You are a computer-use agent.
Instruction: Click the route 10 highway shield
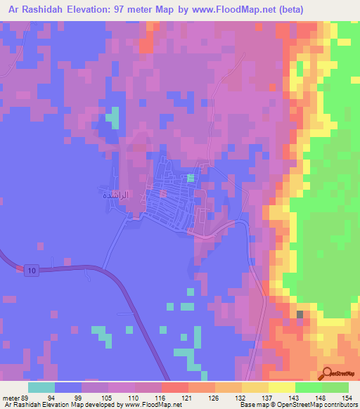[32, 271]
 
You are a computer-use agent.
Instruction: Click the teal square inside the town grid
[190, 178]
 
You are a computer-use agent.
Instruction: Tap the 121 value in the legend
[188, 397]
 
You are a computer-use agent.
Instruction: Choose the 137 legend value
[267, 397]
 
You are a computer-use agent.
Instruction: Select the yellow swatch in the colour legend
[281, 387]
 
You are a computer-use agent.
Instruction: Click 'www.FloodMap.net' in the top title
[233, 9]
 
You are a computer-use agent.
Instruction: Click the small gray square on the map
[300, 314]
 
